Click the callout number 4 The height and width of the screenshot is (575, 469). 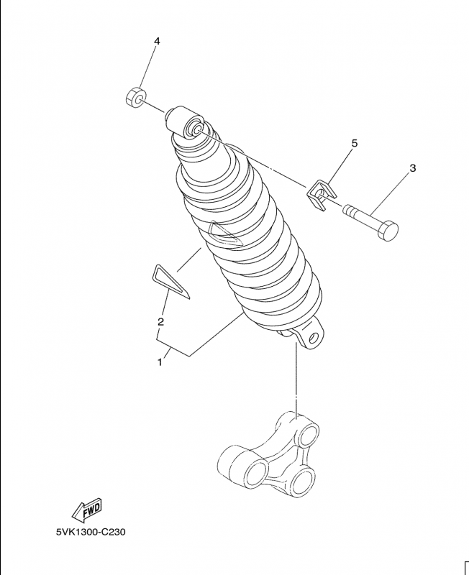tap(157, 41)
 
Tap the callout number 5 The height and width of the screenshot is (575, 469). tap(354, 143)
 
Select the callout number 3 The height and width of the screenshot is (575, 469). tap(413, 168)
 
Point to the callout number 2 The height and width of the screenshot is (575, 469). tap(160, 322)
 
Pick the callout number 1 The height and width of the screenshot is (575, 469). tap(160, 362)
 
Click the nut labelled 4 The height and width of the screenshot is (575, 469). tap(135, 97)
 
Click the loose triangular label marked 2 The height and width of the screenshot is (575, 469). tap(170, 281)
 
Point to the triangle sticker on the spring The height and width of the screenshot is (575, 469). tap(224, 235)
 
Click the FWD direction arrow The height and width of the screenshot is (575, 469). tap(86, 510)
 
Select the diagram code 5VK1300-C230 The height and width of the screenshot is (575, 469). tap(91, 532)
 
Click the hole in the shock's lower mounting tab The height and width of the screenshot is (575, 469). tap(314, 336)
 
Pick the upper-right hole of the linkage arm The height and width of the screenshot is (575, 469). tap(308, 436)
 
